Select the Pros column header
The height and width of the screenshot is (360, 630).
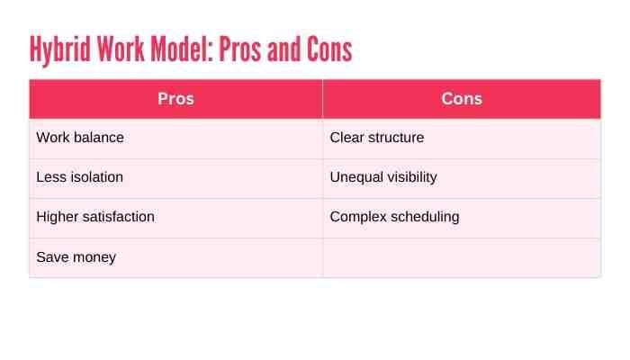[x=175, y=99]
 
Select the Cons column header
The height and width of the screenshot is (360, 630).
[x=462, y=99]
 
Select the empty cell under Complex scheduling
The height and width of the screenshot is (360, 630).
[x=462, y=257]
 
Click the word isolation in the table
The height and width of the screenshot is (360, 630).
[x=94, y=177]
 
